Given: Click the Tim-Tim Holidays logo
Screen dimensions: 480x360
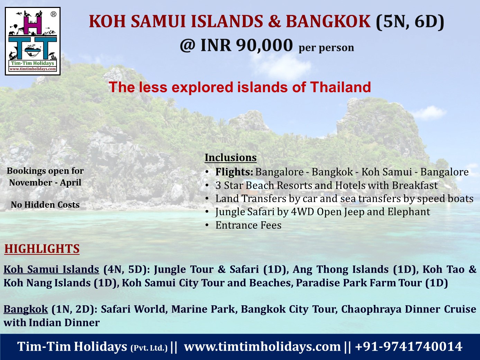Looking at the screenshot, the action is (x=33, y=41).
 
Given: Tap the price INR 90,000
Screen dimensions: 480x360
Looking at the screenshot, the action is (x=246, y=45).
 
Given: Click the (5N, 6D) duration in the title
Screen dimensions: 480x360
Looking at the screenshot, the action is (x=410, y=22).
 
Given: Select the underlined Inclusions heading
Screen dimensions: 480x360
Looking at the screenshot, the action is (x=230, y=157).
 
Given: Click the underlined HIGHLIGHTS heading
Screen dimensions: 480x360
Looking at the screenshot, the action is (x=42, y=249).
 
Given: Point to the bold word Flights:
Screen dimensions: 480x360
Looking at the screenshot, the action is (x=234, y=172).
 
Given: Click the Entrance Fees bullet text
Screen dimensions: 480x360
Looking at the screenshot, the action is (x=248, y=225).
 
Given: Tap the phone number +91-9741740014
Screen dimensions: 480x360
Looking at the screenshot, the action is (x=409, y=346).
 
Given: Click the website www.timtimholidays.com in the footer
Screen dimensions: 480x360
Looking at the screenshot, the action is (x=262, y=346).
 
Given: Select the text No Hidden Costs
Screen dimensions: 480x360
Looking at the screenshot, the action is (x=45, y=205).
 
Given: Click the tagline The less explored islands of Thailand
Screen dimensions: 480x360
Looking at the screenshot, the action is (x=240, y=87).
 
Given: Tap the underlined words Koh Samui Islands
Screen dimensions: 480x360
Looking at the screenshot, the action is (x=51, y=269).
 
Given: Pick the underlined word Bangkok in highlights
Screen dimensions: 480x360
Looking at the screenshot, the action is (x=26, y=309).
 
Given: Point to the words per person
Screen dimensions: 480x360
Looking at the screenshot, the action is (x=326, y=48).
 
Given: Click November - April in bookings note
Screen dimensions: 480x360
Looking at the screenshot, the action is (x=45, y=183).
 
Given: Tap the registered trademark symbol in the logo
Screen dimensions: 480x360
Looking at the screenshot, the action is (x=53, y=14).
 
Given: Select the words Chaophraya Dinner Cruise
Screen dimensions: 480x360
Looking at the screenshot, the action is (x=409, y=309).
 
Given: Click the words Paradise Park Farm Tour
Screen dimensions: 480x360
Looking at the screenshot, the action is (x=359, y=282).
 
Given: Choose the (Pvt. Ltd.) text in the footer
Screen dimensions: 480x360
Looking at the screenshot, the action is (x=149, y=348).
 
